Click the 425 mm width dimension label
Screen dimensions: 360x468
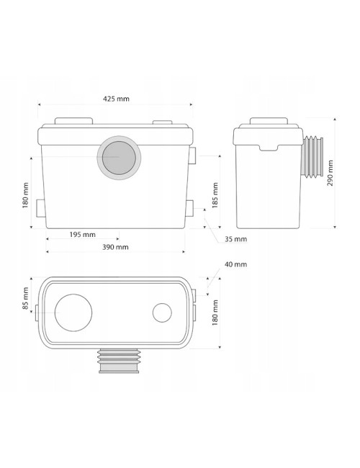pos(116,99)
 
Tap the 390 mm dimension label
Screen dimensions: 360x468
pos(115,247)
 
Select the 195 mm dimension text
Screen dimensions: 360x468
pos(82,235)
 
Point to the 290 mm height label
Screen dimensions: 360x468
pos(330,173)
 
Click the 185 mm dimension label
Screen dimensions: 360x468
pos(215,196)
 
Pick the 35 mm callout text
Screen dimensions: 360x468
pos(236,239)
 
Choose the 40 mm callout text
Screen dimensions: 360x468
pos(236,264)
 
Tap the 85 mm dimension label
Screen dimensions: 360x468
pos(25,298)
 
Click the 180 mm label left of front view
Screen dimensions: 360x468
pos(25,196)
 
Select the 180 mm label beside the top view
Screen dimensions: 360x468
pos(215,312)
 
